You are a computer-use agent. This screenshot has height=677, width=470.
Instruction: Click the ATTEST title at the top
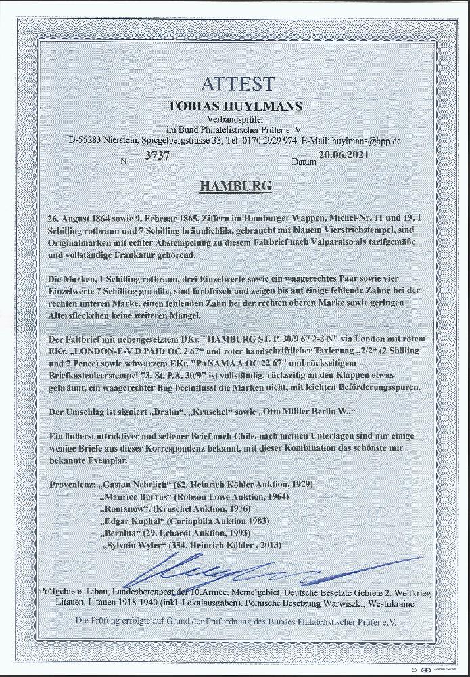point(237,84)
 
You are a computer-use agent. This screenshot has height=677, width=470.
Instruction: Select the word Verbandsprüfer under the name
point(235,119)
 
